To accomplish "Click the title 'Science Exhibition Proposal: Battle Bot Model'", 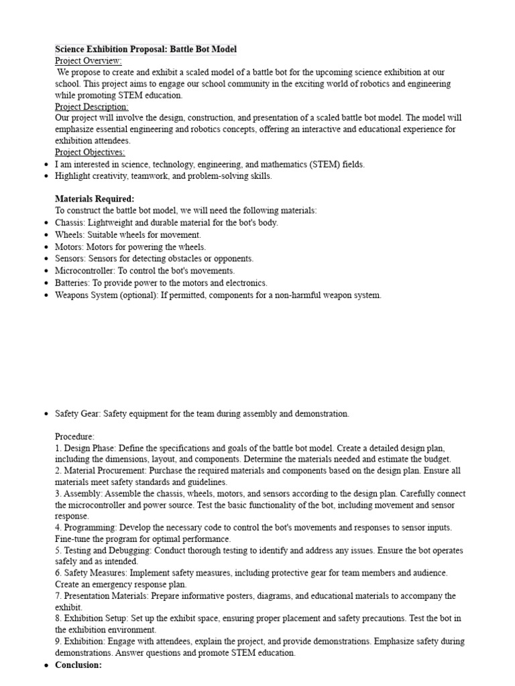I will [x=146, y=50].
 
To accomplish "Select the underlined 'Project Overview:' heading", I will [x=89, y=61].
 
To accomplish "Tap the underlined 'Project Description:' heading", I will [x=92, y=107].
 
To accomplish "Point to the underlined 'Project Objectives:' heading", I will [x=90, y=152].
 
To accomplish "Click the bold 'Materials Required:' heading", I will [x=95, y=199].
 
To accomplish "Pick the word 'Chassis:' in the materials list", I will [x=70, y=222].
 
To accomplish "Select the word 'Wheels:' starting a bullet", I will [x=70, y=234].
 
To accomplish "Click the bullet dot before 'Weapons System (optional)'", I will [x=45, y=295].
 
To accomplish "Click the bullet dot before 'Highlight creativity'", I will [x=45, y=176].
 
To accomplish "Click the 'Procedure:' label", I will [x=74, y=436].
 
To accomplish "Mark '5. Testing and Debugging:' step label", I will [x=103, y=550].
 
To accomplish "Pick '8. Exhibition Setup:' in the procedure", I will [x=93, y=618].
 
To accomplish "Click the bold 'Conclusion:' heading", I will [x=78, y=665].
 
